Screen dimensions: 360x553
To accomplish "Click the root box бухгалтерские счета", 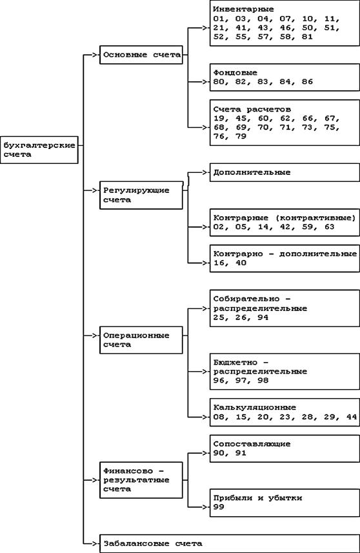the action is (39, 150).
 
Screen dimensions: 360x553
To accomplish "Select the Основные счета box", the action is (141, 55).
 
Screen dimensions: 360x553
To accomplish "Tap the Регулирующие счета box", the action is (141, 195).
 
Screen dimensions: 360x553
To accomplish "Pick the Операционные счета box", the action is (141, 340).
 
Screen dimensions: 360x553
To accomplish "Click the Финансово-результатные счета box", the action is (141, 480).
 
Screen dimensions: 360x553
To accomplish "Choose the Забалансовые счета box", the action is (230, 543).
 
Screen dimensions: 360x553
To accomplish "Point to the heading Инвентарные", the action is (243, 10).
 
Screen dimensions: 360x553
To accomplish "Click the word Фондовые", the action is (235, 73).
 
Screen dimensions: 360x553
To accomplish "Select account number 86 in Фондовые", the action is (308, 82).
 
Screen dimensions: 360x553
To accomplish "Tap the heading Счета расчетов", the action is (252, 109).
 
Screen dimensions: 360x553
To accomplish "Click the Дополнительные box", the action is (285, 172).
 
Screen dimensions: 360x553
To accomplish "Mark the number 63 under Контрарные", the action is (329, 226).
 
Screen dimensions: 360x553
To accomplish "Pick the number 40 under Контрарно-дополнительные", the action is (241, 263).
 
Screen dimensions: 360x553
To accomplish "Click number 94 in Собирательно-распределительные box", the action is (263, 317).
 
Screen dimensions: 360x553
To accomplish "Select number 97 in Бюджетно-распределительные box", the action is (241, 381).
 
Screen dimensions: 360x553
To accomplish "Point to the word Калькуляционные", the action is (255, 408).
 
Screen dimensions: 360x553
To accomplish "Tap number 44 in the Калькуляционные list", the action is (352, 417).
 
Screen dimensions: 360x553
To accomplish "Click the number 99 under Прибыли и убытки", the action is (219, 507).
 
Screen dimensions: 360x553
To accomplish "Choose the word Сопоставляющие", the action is (252, 444).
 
